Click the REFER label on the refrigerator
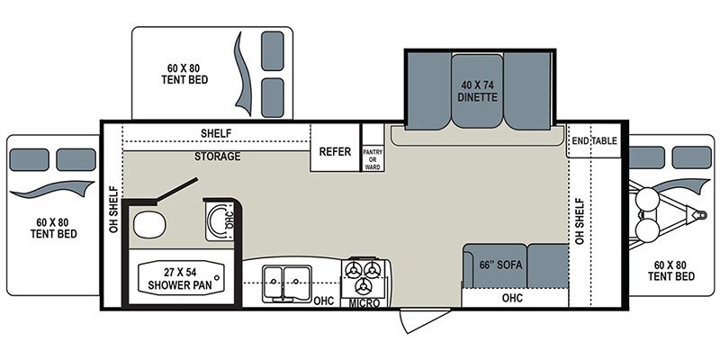pos(335,151)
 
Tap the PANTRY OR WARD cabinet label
pos(373,159)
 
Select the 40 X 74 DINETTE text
pos(478,91)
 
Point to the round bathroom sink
pos(220,220)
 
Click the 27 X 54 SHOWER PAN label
pos(180,278)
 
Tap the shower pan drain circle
pos(216,278)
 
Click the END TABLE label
pos(594,140)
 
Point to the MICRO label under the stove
pos(364,303)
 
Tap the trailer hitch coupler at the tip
pos(700,214)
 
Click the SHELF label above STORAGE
pos(216,133)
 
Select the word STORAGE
pos(217,156)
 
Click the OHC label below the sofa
pos(512,298)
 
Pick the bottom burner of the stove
pos(364,286)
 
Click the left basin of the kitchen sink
pos(274,282)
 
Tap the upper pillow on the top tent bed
pos(273,51)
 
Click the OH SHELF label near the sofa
pos(579,220)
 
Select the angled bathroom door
pos(177,189)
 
